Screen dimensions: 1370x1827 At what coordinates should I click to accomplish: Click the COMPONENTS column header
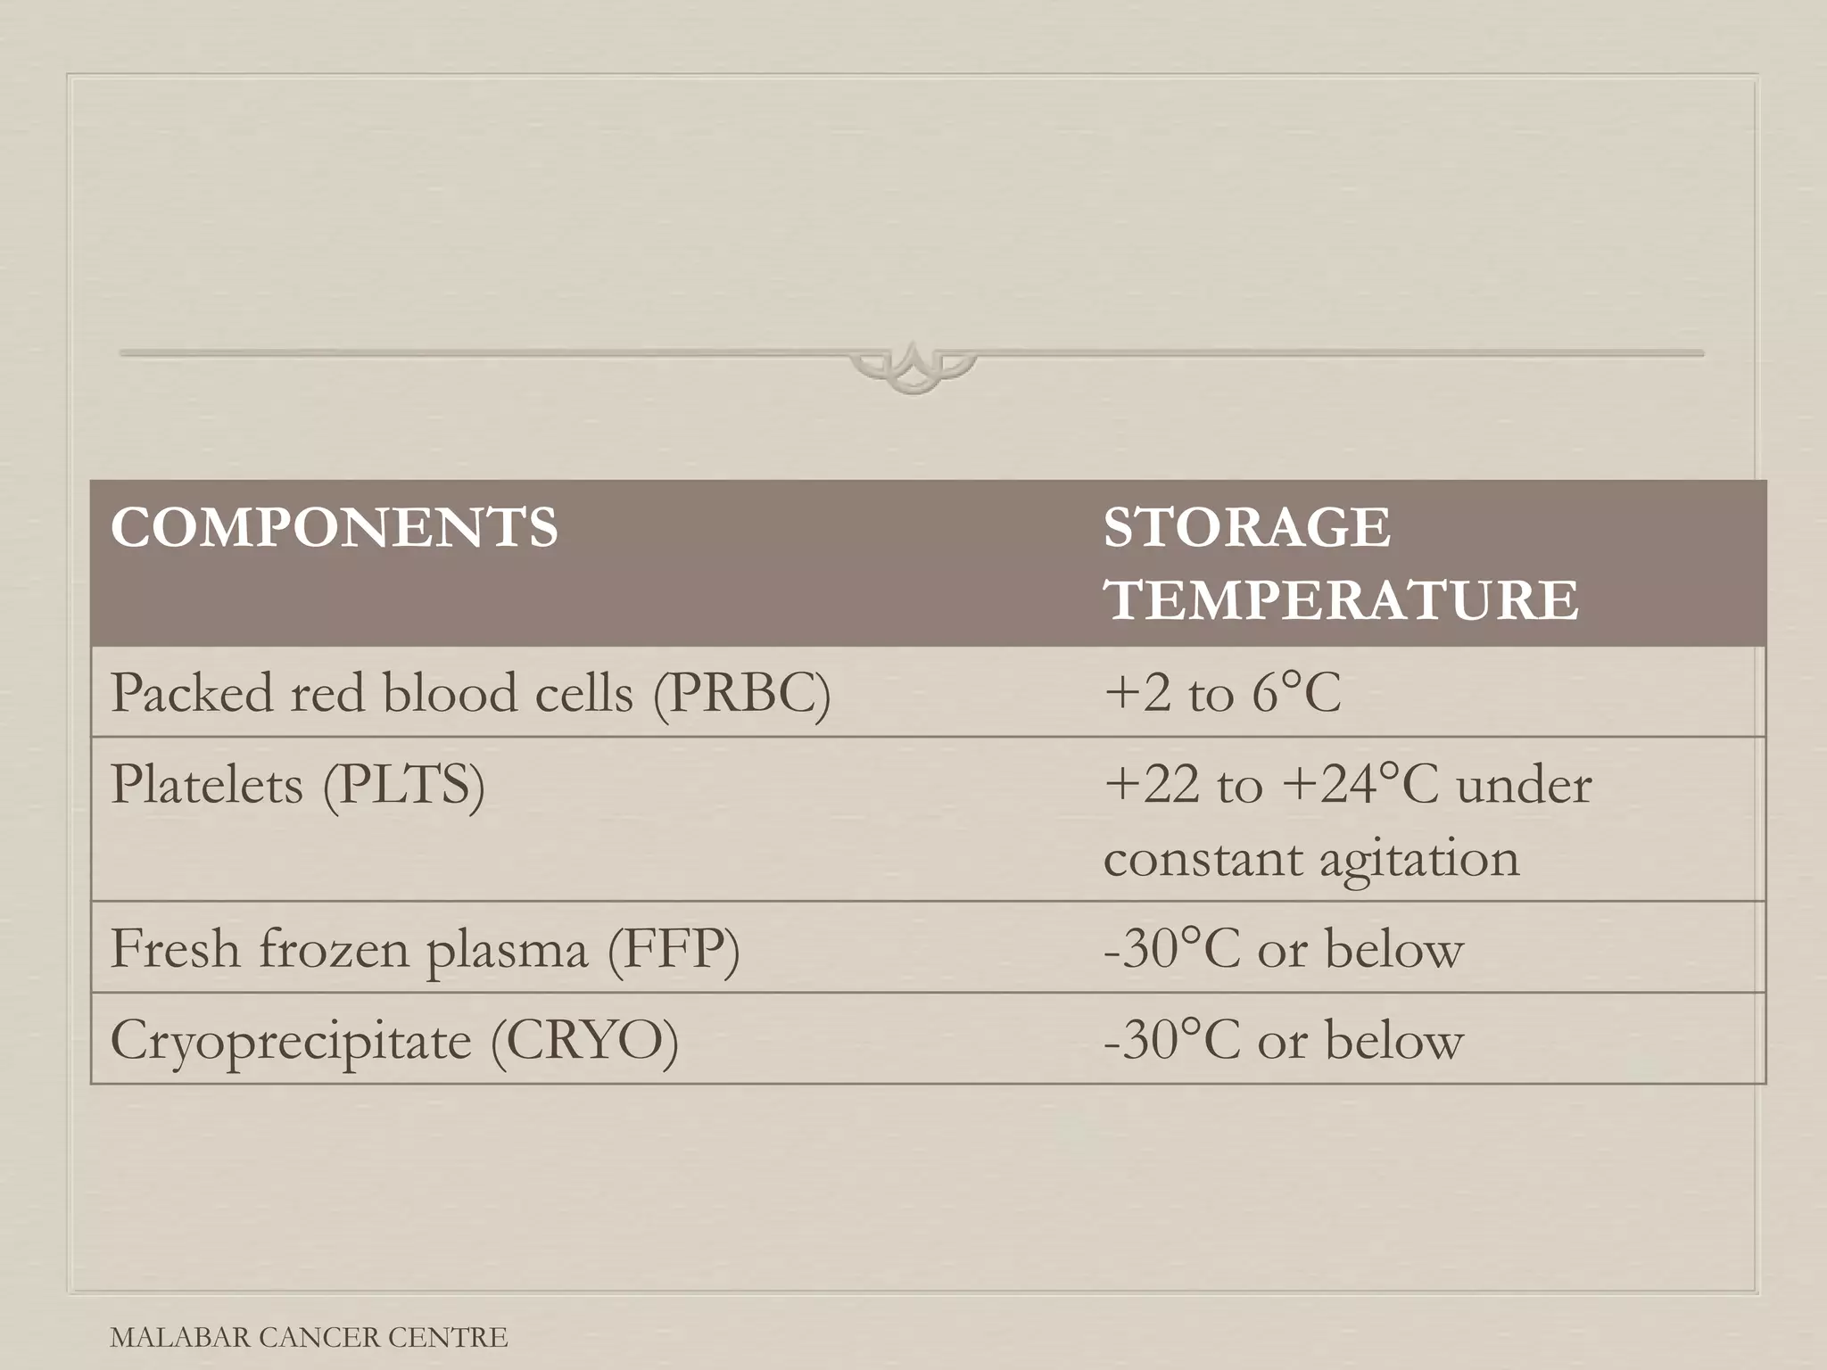click(335, 527)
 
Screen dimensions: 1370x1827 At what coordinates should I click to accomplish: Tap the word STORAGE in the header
click(1246, 527)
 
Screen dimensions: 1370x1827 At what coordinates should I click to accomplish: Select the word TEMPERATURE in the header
click(1341, 599)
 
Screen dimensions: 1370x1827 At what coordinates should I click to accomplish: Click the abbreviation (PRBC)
click(741, 693)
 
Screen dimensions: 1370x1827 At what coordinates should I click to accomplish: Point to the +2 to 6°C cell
click(1222, 693)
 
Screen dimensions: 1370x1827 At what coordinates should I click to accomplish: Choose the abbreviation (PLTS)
click(403, 786)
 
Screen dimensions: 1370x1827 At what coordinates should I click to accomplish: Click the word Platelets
click(206, 786)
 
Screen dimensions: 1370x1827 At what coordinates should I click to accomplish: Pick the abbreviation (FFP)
click(674, 949)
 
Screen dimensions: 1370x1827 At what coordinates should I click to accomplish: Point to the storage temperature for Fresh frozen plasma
click(1283, 949)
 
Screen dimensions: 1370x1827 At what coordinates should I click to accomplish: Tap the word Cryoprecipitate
click(291, 1042)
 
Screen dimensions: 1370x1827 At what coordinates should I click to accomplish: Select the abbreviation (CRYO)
click(584, 1041)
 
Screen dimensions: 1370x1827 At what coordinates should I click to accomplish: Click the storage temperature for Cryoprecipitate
click(1283, 1041)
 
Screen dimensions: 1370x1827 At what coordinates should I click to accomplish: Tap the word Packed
click(191, 693)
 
